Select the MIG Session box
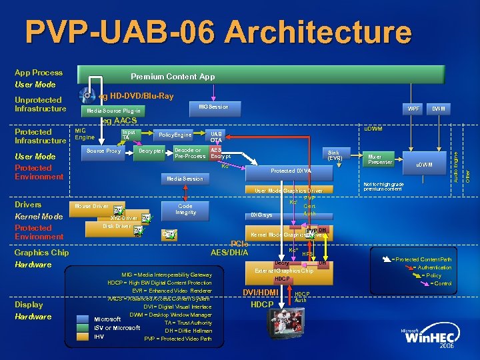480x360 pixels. pyautogui.click(x=214, y=107)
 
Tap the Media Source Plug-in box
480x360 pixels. pyautogui.click(x=121, y=111)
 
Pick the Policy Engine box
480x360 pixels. pyautogui.click(x=175, y=135)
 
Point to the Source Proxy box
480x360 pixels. pyautogui.click(x=104, y=151)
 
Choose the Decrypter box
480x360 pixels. pyautogui.click(x=151, y=151)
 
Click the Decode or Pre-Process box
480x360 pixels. pyautogui.click(x=189, y=154)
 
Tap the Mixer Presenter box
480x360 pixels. pyautogui.click(x=381, y=159)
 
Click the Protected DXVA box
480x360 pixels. pyautogui.click(x=291, y=171)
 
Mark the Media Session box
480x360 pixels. pyautogui.click(x=185, y=179)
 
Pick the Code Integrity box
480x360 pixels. pyautogui.click(x=185, y=209)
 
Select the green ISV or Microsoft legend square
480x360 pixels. pyautogui.click(x=82, y=327)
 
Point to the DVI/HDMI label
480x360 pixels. pyautogui.click(x=260, y=292)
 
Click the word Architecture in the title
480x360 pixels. pyautogui.click(x=303, y=33)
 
